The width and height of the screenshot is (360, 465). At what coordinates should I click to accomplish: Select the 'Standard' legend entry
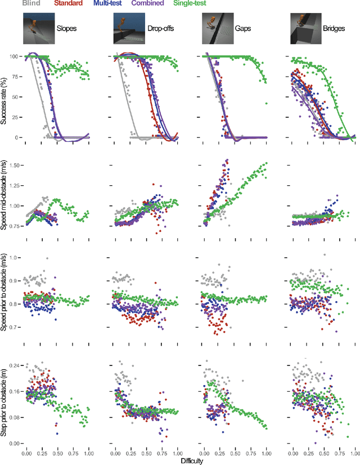64,4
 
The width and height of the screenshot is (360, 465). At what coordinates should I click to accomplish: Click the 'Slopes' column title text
67,26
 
